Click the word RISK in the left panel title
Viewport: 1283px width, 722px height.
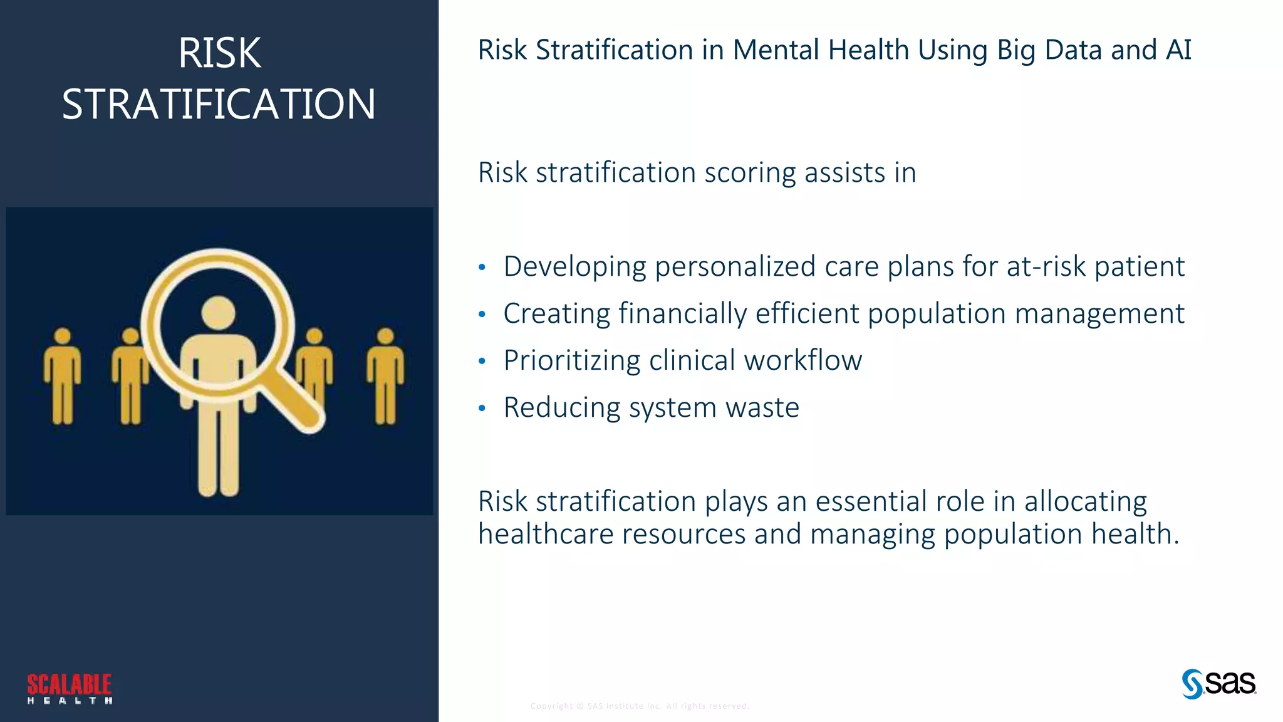click(x=219, y=53)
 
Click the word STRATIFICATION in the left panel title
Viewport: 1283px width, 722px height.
click(x=219, y=104)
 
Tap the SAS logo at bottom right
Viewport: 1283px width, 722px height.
click(x=1218, y=683)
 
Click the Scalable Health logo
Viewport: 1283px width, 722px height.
click(x=70, y=688)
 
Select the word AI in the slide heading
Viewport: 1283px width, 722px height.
click(x=1178, y=50)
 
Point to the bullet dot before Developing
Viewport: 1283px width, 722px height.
click(x=482, y=268)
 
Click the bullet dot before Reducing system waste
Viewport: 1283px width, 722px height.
click(x=482, y=409)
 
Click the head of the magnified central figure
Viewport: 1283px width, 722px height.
click(x=218, y=313)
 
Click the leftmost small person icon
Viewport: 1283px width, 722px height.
click(x=62, y=376)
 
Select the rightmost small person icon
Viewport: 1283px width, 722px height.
click(x=385, y=376)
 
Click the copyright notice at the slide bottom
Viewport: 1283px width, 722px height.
click(x=640, y=706)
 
